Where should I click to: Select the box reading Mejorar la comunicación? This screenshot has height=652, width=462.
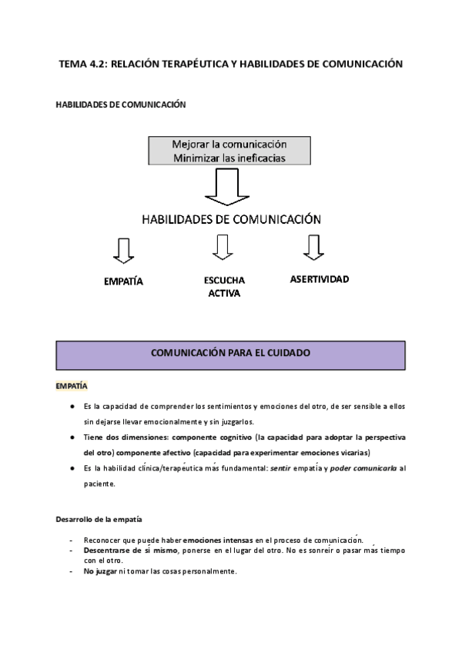tap(230, 145)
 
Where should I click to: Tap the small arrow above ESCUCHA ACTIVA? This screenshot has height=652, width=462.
tap(223, 247)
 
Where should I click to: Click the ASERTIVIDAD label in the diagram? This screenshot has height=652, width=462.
tap(319, 279)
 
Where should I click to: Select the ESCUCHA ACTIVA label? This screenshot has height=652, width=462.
tap(224, 287)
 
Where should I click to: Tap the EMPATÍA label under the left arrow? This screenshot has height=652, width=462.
tap(123, 281)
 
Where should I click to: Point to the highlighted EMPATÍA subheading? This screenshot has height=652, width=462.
tap(71, 385)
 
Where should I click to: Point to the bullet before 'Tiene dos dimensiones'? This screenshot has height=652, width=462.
tap(72, 437)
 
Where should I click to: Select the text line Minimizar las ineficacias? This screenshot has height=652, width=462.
tap(230, 158)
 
